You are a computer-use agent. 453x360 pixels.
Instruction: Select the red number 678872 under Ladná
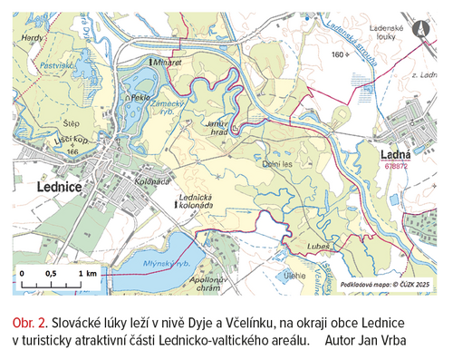pyautogui.click(x=396, y=166)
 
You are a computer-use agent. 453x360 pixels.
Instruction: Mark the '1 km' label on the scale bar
pyautogui.click(x=87, y=272)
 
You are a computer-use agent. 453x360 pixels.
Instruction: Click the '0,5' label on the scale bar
pyautogui.click(x=52, y=272)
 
